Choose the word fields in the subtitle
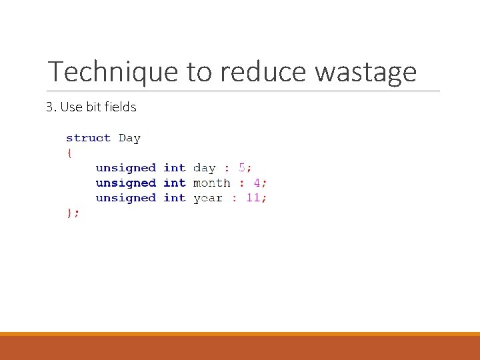[119, 107]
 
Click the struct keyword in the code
[88, 138]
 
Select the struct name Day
[129, 138]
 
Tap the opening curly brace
[69, 153]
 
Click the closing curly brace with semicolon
[72, 213]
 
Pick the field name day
[204, 168]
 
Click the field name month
[211, 183]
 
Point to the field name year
[207, 198]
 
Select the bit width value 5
[242, 168]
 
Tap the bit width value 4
[257, 183]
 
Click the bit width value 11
[253, 198]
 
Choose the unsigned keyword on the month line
[125, 183]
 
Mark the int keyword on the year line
[174, 198]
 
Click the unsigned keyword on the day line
[125, 168]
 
